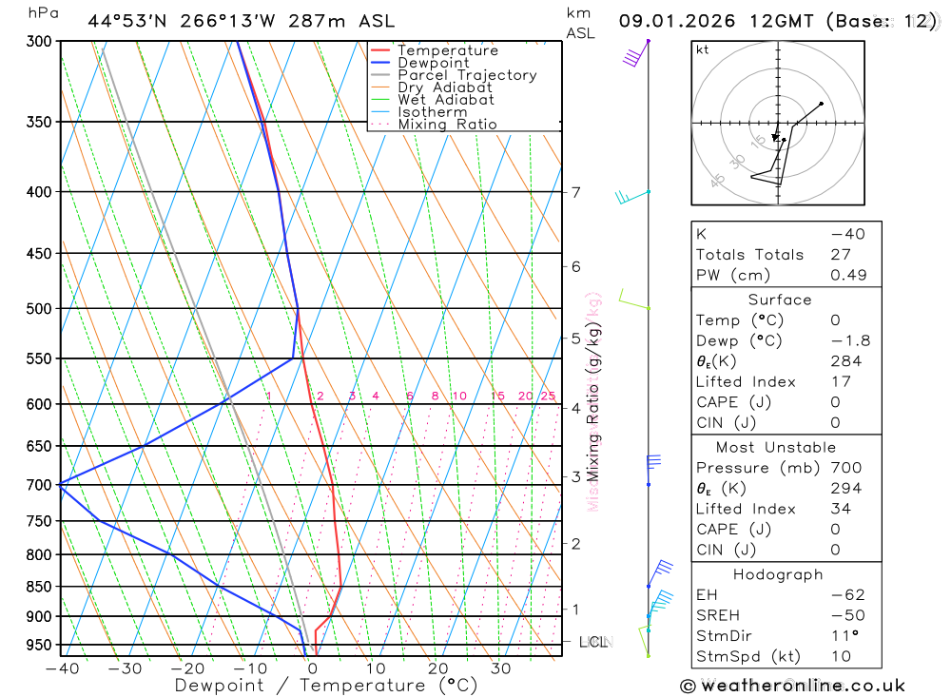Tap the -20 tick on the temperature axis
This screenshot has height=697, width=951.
click(x=187, y=668)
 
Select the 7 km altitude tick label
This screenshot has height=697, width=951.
click(x=575, y=192)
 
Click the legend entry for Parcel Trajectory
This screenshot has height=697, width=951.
click(x=467, y=75)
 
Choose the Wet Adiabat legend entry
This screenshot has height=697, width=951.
click(x=445, y=100)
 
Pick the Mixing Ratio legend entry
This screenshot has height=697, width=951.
click(x=447, y=125)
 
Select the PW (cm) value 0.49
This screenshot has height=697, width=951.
click(x=848, y=275)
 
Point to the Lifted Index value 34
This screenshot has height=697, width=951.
click(x=841, y=510)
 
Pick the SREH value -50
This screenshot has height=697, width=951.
click(x=845, y=615)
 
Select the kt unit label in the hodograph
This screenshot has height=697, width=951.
click(x=703, y=49)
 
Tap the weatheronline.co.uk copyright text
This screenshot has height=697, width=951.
click(x=792, y=686)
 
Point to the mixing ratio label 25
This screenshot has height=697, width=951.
click(x=548, y=396)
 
